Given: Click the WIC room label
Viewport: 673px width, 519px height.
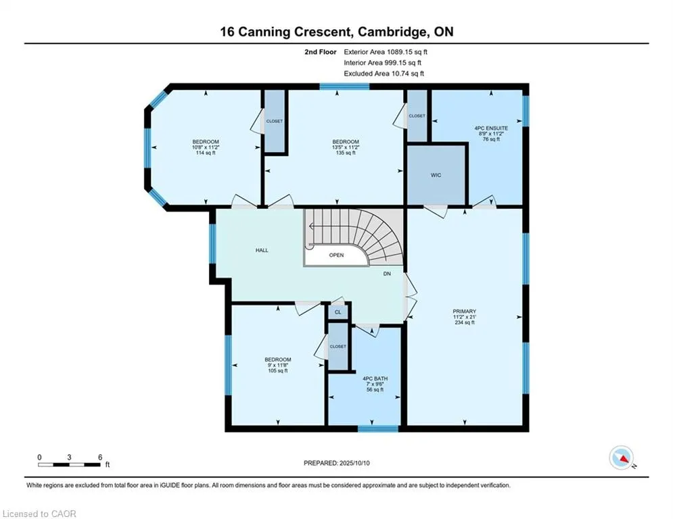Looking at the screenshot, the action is click(436, 175).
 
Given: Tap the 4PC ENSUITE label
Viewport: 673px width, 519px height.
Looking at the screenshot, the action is click(491, 128).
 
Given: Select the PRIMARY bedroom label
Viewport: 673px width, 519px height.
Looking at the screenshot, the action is click(465, 312).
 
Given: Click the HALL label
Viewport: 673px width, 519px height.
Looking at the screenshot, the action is click(262, 250).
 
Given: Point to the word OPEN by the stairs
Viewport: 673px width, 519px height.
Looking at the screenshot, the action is click(337, 255).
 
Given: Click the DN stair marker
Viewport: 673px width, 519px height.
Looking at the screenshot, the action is click(387, 274).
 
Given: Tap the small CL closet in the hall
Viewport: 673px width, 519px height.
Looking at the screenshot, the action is click(338, 312).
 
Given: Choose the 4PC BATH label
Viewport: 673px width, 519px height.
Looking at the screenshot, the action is click(375, 378).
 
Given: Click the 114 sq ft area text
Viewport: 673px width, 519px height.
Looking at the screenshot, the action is click(206, 153).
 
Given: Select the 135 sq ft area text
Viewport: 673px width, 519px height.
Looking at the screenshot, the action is click(346, 153).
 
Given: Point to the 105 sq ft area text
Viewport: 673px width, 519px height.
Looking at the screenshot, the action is click(278, 370).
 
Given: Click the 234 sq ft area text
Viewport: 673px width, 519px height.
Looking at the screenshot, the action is click(465, 322).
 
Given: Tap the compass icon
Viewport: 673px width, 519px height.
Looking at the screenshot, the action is click(622, 458).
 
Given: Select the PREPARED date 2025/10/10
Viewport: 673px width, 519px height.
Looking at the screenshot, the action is click(354, 463).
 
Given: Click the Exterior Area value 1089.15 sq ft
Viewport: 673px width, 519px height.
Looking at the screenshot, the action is click(407, 52).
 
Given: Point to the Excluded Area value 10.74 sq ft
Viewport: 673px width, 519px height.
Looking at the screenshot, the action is click(407, 74).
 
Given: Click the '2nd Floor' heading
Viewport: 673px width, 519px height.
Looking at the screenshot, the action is click(321, 52).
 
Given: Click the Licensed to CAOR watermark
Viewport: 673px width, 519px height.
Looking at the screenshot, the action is click(39, 514).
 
